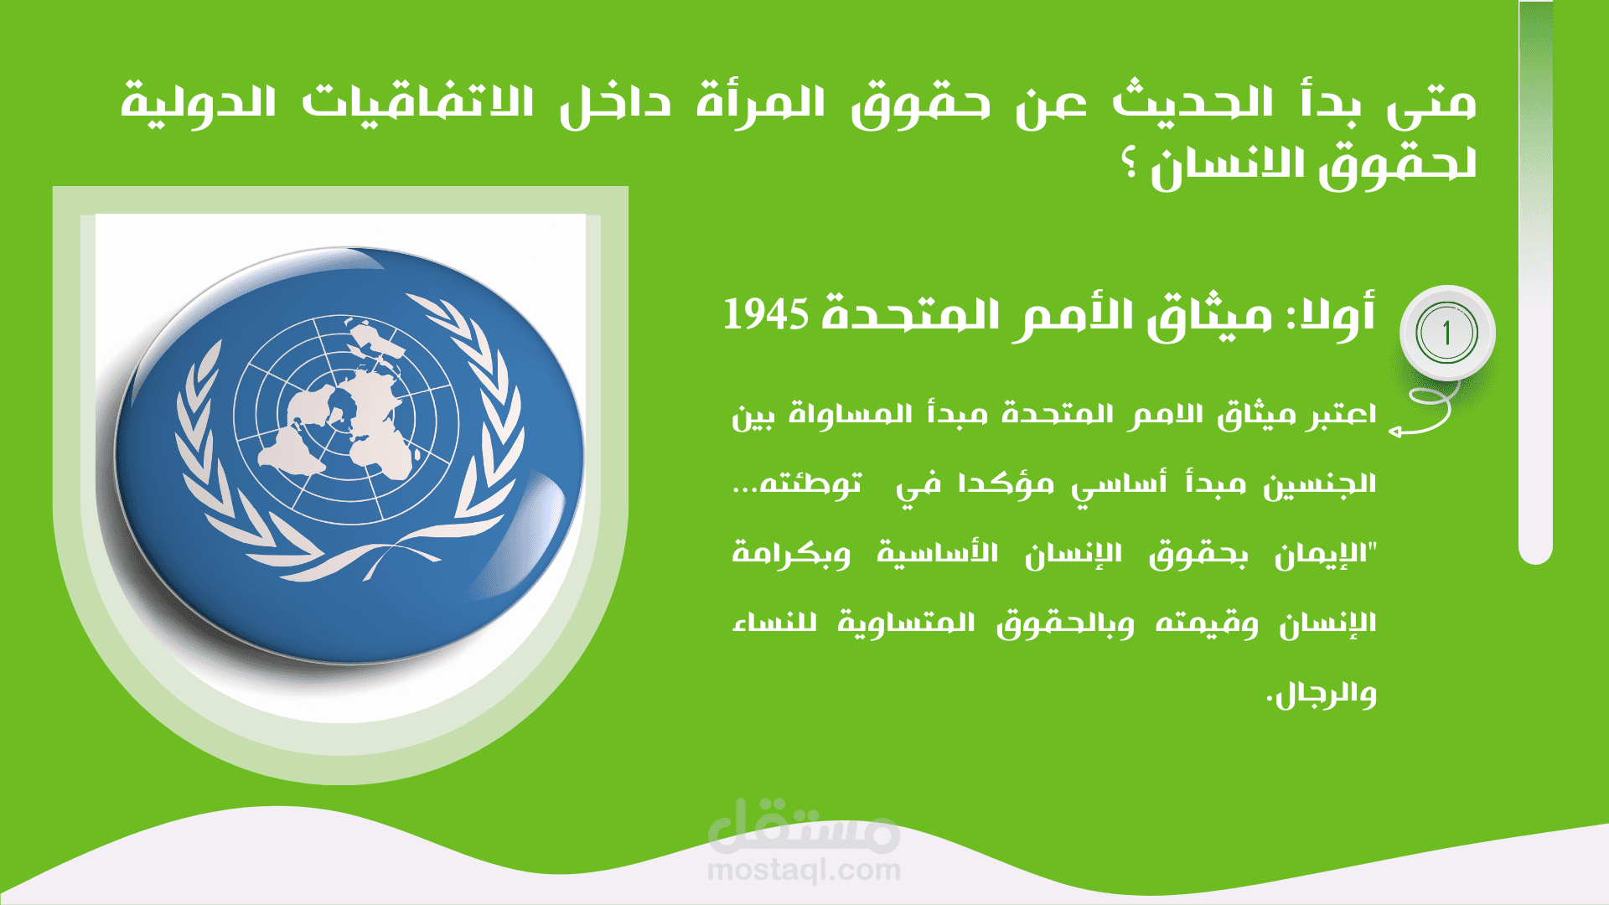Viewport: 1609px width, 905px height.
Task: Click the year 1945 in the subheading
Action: point(766,315)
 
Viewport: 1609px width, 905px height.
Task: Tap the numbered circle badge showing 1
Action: point(1447,334)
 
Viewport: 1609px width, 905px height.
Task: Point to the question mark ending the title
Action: point(1130,165)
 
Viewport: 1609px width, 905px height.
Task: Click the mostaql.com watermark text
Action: point(804,871)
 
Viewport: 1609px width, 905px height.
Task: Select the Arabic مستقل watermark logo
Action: point(804,825)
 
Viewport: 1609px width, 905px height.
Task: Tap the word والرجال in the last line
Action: point(1325,695)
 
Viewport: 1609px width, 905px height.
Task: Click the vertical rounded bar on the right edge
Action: point(1535,282)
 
